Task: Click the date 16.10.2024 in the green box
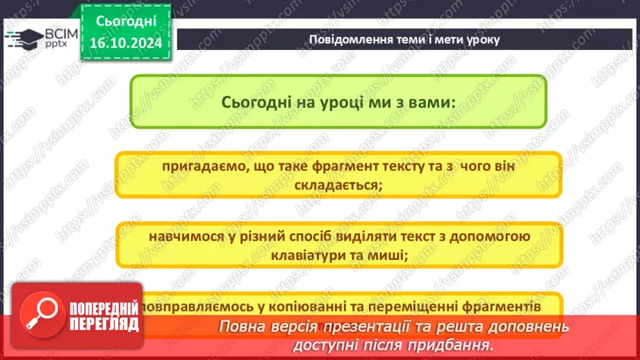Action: (x=125, y=44)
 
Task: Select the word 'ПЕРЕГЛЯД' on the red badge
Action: (x=104, y=324)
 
